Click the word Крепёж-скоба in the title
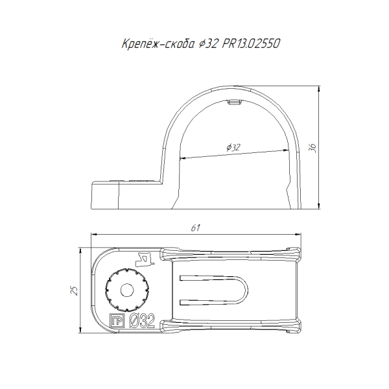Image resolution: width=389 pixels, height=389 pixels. (158, 43)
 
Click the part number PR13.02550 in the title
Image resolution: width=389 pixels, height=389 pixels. (251, 43)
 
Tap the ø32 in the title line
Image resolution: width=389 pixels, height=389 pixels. (208, 44)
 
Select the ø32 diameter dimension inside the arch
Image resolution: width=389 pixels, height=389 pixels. (233, 147)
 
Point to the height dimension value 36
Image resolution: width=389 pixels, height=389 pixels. (312, 148)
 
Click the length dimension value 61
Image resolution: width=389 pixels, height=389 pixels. (196, 228)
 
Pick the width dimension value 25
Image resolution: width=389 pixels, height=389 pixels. (75, 290)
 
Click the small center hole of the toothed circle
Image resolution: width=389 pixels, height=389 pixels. (127, 290)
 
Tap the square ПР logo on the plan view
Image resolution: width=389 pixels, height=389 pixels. (117, 320)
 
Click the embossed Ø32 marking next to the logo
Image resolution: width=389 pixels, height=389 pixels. (142, 320)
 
